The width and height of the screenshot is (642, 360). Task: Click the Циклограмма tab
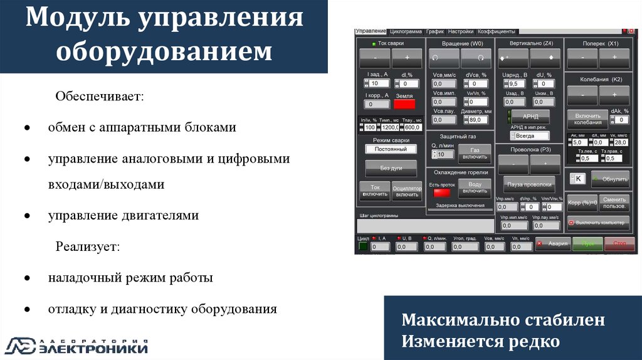coord(405,31)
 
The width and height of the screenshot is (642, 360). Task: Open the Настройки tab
coord(461,31)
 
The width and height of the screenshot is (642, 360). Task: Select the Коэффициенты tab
coord(496,31)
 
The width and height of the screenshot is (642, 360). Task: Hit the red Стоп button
coord(619,243)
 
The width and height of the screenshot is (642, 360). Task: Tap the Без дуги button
coord(391,168)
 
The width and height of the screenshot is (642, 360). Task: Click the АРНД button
coord(531,117)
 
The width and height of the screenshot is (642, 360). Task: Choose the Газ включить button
coord(475,153)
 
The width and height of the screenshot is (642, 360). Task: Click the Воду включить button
coord(475,189)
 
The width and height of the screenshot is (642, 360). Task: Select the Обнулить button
coord(610,179)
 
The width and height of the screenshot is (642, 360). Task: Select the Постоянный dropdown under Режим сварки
coord(391,149)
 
